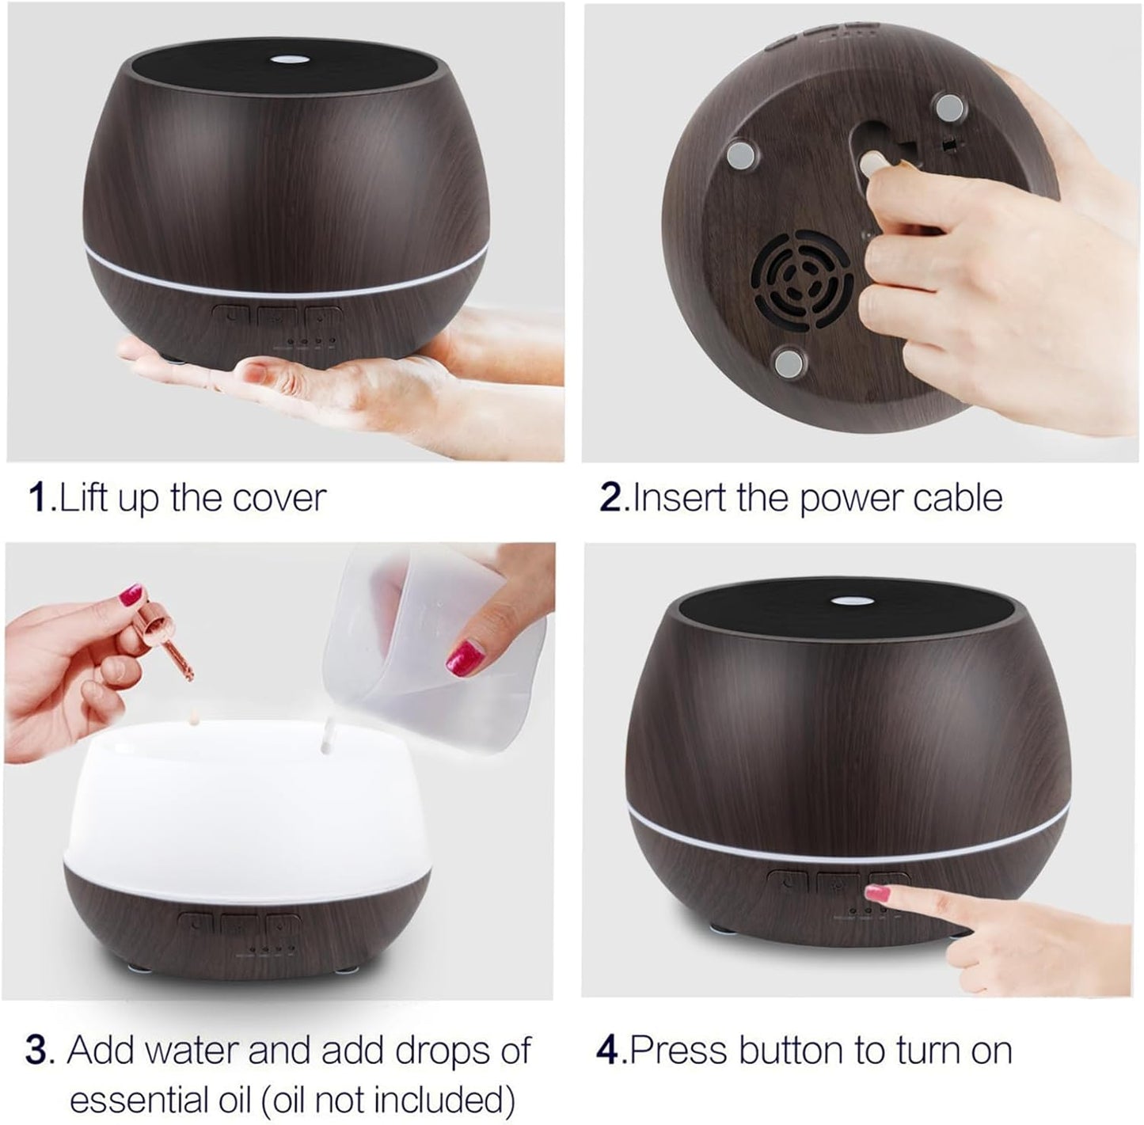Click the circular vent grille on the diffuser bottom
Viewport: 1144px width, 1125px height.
coord(800,280)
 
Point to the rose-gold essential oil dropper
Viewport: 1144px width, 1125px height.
coord(170,641)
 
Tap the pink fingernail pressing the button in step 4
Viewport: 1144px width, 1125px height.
coord(876,894)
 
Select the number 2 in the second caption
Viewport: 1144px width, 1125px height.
coord(610,499)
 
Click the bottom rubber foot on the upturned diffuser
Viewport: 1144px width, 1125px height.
coord(789,363)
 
